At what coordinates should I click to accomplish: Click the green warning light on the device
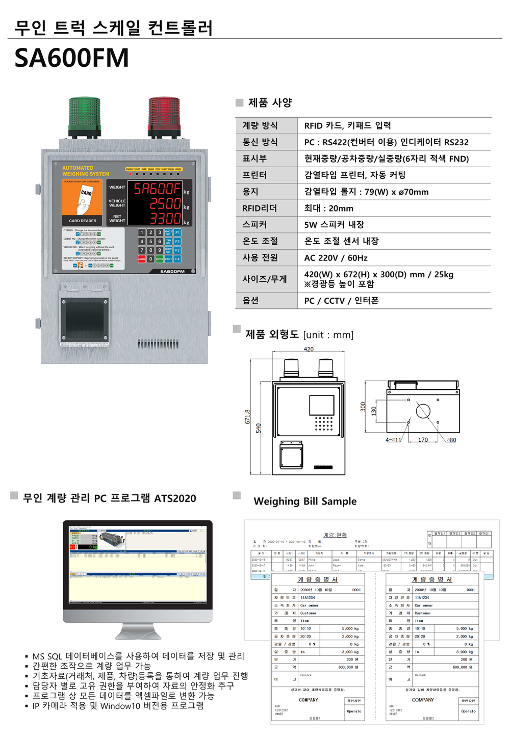[85, 117]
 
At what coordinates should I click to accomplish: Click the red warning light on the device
[164, 117]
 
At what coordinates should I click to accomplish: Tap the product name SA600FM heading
[71, 58]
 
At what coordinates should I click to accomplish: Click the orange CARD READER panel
[82, 202]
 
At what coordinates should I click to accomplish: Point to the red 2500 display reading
[165, 204]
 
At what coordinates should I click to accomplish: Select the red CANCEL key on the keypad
[142, 259]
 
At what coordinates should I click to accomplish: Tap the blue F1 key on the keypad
[177, 232]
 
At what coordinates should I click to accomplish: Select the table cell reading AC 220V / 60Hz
[336, 258]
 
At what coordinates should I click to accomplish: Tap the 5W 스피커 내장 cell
[334, 225]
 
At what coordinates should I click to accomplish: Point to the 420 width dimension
[309, 350]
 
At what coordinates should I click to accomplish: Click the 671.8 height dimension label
[248, 416]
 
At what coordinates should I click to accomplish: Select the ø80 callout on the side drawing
[451, 440]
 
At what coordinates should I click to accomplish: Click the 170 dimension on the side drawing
[423, 440]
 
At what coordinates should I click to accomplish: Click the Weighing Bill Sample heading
[305, 501]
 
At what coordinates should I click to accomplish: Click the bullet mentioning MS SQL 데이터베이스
[138, 656]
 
